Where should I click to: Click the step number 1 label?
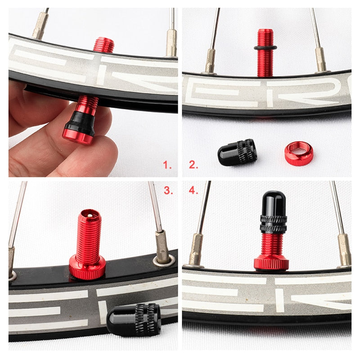point(167,165)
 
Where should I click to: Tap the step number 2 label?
point(193,165)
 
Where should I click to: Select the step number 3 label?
point(167,190)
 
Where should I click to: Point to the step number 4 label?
point(193,190)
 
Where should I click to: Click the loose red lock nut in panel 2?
point(298,153)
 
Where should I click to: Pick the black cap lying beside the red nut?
point(237,153)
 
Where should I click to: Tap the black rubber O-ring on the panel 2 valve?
point(265,47)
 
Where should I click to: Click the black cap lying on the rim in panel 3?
point(134,319)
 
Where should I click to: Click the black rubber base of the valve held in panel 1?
point(81,122)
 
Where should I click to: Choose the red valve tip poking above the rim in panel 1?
point(103,45)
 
